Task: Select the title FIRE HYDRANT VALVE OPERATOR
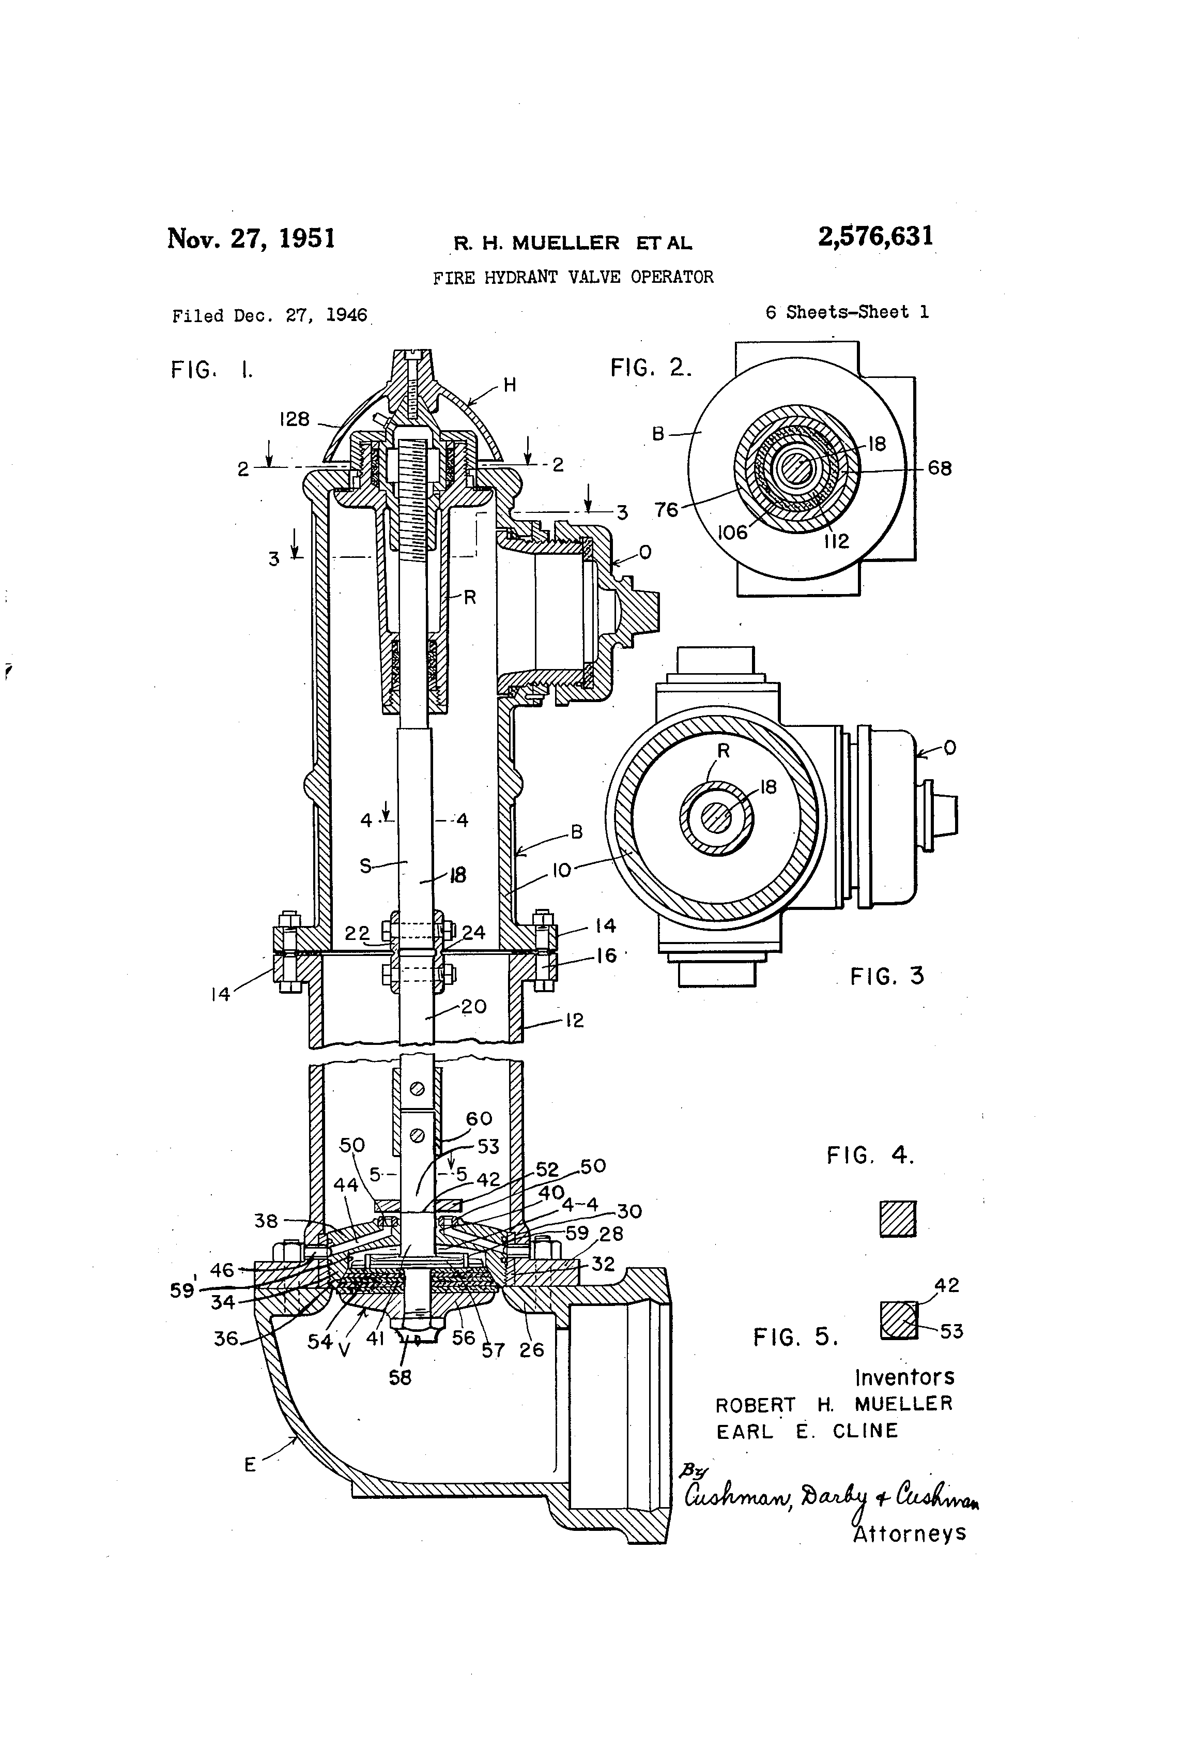tap(573, 278)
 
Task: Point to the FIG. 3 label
tap(887, 977)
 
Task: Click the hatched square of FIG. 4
tap(898, 1220)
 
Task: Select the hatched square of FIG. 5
tap(898, 1320)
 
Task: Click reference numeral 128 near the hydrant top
tap(294, 419)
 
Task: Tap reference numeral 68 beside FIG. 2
tap(939, 468)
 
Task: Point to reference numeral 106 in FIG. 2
tap(732, 533)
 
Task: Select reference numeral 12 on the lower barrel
tap(575, 1021)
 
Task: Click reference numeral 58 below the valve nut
tap(399, 1378)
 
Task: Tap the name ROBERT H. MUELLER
tap(834, 1404)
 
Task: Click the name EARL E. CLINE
tap(807, 1432)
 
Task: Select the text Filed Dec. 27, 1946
tap(270, 316)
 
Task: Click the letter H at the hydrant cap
tap(510, 385)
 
